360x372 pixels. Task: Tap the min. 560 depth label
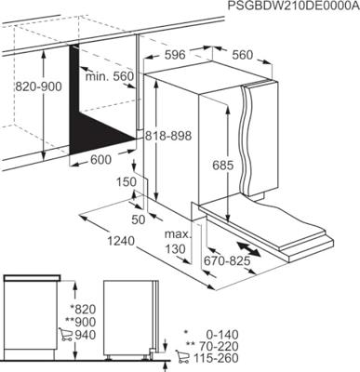pos(109,74)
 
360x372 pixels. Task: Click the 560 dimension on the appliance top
pos(243,56)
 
